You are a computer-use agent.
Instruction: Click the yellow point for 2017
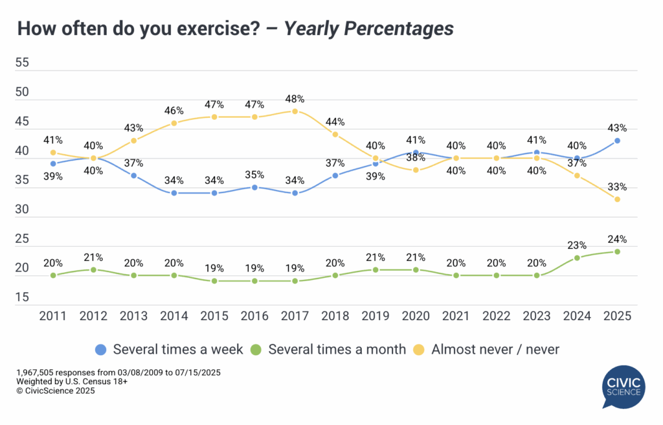click(296, 111)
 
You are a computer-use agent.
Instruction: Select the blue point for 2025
click(618, 141)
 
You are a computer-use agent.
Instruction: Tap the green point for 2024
click(577, 257)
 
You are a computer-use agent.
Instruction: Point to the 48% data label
click(296, 99)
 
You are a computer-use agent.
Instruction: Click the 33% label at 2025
click(618, 187)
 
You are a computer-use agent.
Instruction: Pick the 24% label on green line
click(618, 239)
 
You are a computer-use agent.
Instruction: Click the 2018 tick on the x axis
click(336, 316)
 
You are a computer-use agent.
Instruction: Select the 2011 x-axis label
click(53, 316)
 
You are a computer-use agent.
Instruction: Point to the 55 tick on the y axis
click(22, 62)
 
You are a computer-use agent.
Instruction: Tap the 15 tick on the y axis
click(22, 297)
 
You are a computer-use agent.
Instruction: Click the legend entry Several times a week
click(170, 349)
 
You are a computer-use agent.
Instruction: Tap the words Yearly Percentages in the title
click(369, 29)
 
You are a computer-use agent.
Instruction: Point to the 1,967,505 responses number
click(40, 373)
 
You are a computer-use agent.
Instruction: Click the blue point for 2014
click(174, 193)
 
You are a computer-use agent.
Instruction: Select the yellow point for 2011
click(53, 152)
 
